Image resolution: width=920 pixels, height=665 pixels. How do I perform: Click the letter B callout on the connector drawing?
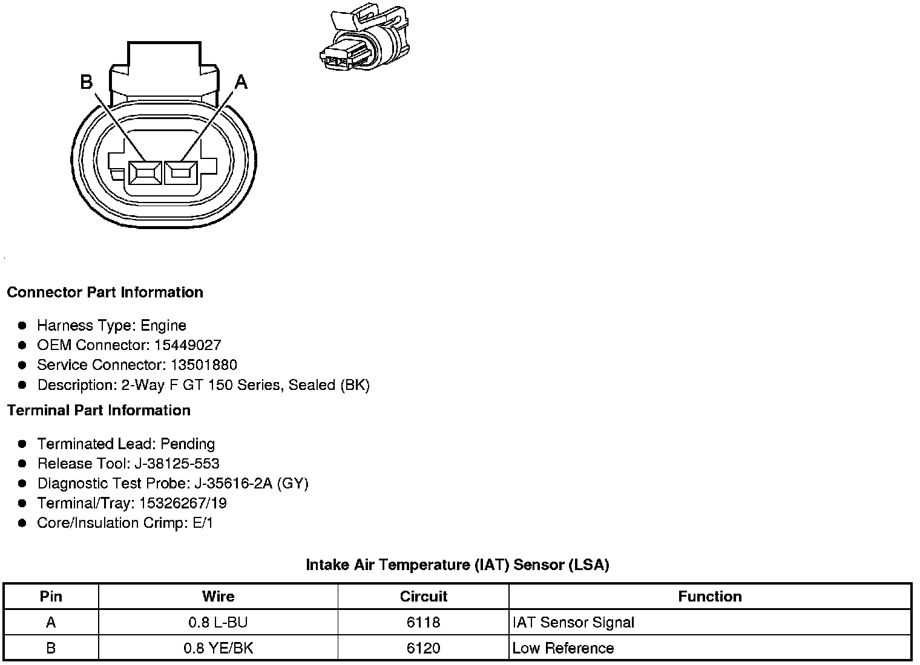[86, 82]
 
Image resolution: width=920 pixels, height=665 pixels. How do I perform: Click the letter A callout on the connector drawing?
[241, 82]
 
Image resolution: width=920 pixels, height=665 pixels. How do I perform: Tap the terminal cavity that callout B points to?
[145, 173]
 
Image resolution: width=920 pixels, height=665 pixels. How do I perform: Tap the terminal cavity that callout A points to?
[181, 173]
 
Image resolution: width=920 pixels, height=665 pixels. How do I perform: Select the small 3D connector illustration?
[365, 37]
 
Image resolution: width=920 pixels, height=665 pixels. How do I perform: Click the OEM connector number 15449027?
[188, 345]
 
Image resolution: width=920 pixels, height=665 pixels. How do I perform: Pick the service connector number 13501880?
[204, 365]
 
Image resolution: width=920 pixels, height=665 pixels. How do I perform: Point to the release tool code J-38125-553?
[177, 464]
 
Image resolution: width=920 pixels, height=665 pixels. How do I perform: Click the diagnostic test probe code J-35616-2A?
[233, 483]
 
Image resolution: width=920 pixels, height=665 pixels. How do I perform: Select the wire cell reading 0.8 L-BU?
[218, 623]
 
